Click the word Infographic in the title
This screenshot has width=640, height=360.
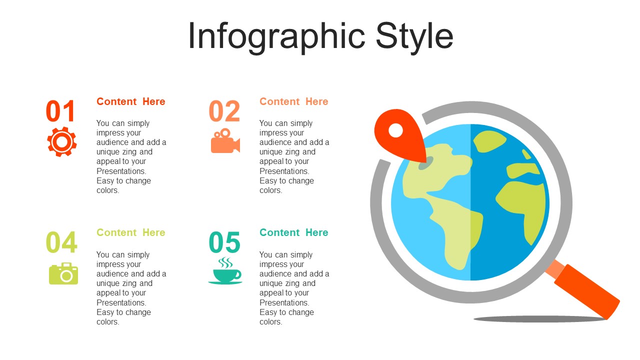276,37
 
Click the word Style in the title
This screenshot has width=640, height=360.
414,37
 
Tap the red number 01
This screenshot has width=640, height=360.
60,111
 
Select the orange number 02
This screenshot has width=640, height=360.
224,111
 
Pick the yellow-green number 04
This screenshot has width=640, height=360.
61,242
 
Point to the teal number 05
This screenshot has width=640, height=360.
224,242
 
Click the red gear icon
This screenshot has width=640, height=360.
61,141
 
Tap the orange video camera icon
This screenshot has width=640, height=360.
225,141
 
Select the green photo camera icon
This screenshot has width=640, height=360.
63,273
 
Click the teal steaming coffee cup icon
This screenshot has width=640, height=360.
225,271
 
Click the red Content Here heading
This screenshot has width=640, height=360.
131,101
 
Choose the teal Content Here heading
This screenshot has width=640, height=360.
293,232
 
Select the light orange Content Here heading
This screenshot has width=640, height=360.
293,101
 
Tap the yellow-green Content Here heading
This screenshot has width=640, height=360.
131,232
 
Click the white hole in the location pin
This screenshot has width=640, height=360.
395,130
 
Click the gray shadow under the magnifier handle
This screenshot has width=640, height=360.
540,319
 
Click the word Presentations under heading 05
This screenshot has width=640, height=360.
284,302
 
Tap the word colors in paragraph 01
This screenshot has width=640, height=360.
107,190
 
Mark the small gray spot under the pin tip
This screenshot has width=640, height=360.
425,163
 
